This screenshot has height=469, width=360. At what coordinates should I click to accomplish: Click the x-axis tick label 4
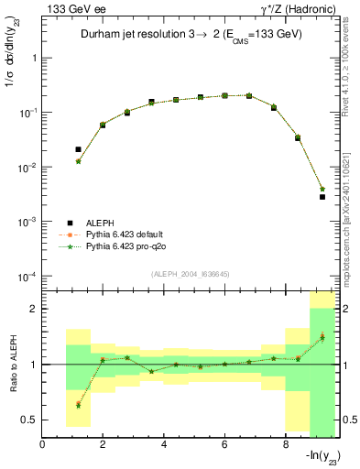(165, 445)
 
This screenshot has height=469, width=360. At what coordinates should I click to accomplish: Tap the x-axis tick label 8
(286, 445)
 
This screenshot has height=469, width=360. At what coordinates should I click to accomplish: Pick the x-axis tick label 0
(43, 445)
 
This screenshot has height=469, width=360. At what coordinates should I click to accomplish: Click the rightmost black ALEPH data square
(322, 197)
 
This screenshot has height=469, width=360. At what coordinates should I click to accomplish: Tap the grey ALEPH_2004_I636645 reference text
(191, 273)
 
